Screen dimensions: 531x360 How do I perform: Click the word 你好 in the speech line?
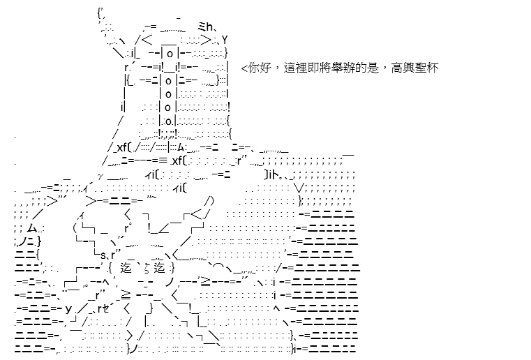260,68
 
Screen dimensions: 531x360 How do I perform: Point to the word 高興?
403,68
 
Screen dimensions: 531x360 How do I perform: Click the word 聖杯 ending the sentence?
426,68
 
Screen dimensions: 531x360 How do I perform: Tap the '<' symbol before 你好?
244,69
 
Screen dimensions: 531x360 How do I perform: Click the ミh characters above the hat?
205,27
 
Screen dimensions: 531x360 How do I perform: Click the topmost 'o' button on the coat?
170,54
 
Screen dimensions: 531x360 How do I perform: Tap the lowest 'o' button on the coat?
169,121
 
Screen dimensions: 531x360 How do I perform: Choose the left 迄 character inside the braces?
126,268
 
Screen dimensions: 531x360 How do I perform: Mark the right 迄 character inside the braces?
159,268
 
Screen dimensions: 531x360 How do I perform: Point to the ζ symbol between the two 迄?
148,268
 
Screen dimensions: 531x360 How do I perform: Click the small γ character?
100,176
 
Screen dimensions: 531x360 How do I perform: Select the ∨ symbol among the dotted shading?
299,187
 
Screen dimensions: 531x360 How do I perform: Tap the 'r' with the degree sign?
127,227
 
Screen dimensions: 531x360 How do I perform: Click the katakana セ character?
105,308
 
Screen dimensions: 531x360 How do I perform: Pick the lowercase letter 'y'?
68,309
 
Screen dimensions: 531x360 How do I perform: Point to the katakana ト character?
276,174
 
